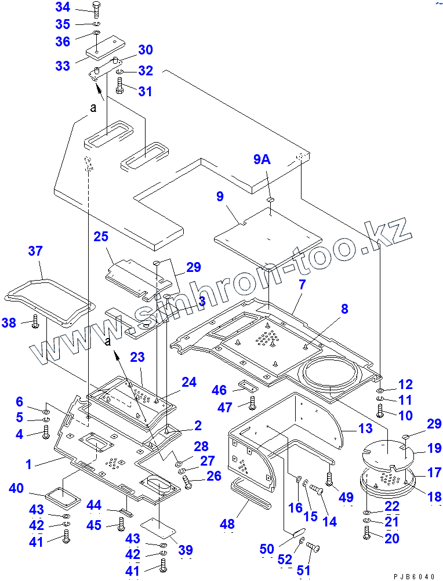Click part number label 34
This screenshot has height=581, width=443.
(62, 8)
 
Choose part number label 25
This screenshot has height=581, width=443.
(101, 237)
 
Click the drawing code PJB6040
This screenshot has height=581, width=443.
(413, 576)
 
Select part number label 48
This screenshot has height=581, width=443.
(227, 524)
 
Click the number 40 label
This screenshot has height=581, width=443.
(16, 489)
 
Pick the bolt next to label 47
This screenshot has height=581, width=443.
(251, 405)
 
